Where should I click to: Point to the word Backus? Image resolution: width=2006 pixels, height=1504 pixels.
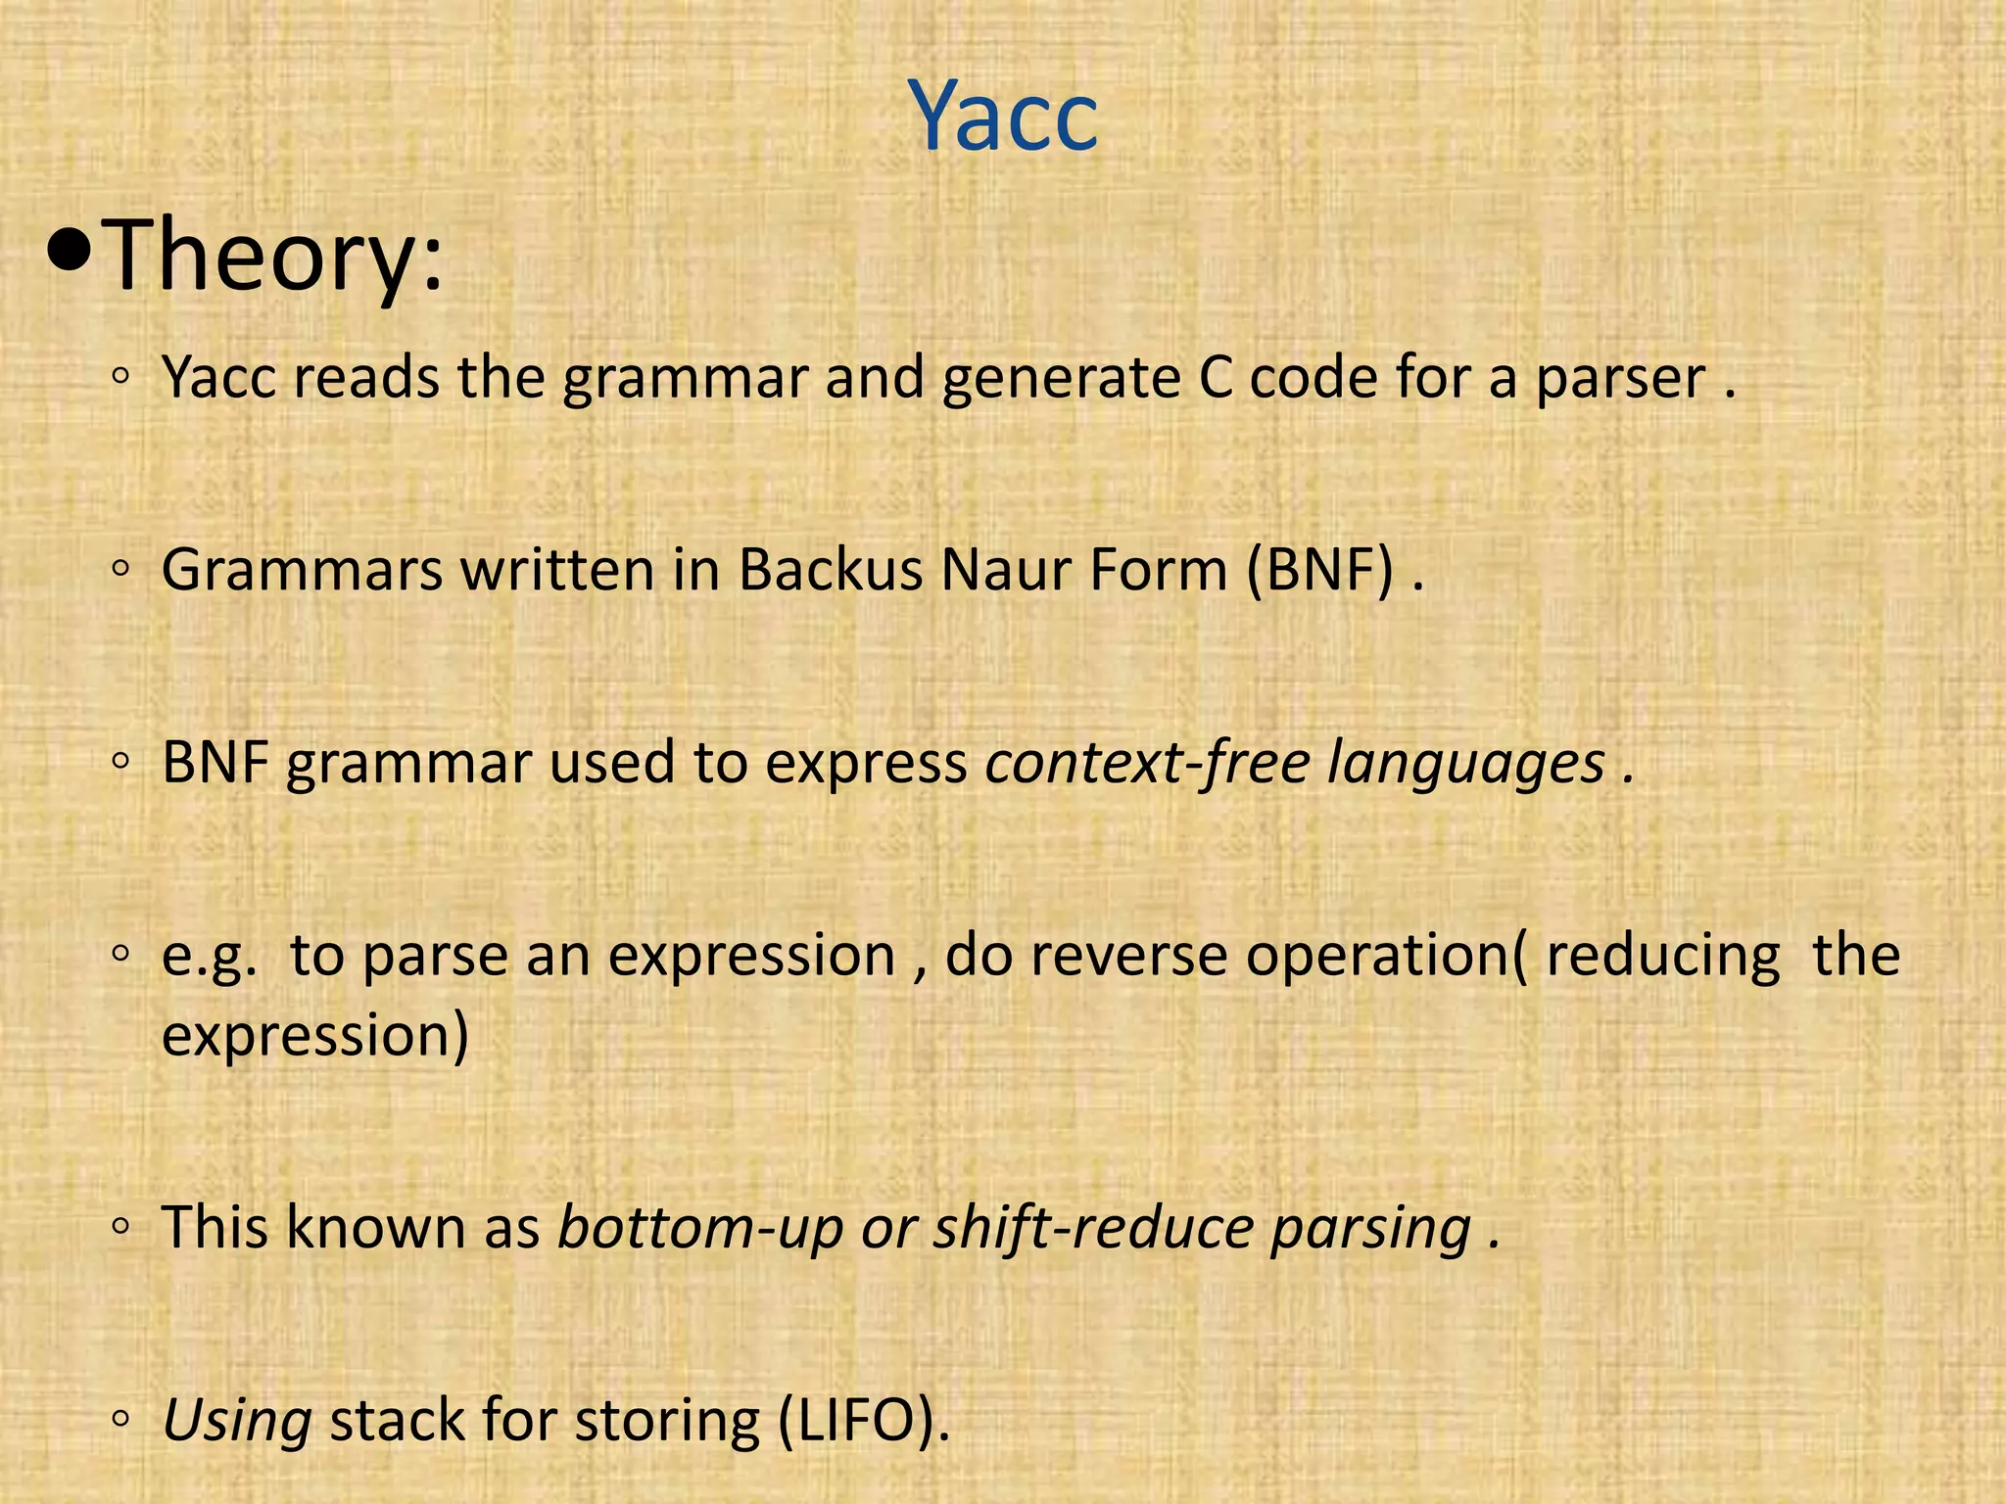[x=830, y=570]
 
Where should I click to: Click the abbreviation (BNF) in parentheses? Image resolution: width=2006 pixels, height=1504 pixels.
[x=1319, y=570]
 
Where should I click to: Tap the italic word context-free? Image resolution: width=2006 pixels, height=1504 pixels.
[x=1147, y=763]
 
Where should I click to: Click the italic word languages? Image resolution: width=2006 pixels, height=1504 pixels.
[x=1466, y=765]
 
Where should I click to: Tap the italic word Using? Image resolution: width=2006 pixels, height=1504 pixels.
[x=237, y=1422]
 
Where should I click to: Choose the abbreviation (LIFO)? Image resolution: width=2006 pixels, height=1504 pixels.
[x=863, y=1422]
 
